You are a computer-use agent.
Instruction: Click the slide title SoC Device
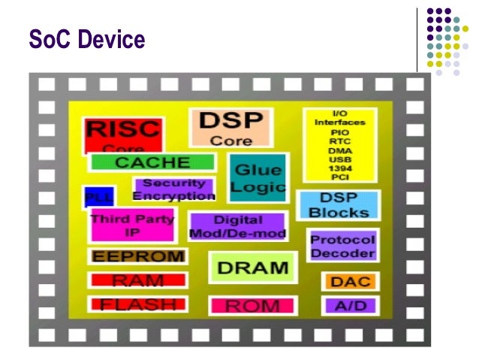86,38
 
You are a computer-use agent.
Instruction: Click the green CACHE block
152,162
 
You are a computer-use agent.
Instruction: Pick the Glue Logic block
258,179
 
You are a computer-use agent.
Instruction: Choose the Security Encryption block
173,189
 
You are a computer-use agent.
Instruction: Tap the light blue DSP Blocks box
339,205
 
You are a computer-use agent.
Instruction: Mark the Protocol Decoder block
342,247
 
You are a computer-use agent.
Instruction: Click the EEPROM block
137,256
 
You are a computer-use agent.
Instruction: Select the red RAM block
137,280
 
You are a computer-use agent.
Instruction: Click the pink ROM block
253,306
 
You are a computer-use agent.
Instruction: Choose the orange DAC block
349,282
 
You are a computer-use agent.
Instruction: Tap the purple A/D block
349,306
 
